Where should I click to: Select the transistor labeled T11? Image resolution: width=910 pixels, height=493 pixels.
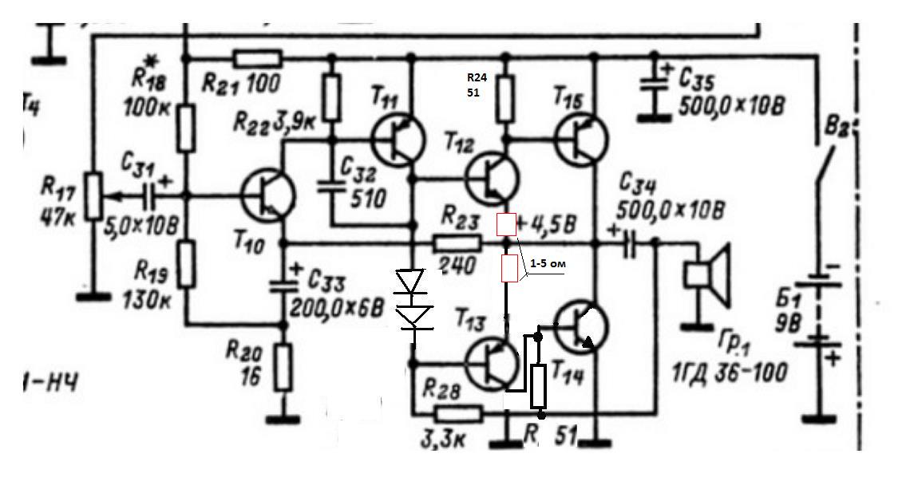pos(399,140)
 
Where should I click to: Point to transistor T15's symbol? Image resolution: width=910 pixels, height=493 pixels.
pos(581,140)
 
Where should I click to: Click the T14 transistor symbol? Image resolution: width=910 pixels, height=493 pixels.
pos(581,326)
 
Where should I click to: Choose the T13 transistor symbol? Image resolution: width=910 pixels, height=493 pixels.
pos(491,364)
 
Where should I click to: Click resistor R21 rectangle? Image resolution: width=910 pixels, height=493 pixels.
pos(258,58)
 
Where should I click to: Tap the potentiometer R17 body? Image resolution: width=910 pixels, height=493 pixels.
pos(93,196)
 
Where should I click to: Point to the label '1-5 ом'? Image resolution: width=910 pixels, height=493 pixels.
pos(548,263)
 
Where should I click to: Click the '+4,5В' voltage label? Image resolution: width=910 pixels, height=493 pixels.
pos(545,223)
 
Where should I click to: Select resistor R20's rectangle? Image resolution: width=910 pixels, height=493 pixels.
pos(283,367)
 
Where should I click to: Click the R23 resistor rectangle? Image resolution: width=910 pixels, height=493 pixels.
pos(457,243)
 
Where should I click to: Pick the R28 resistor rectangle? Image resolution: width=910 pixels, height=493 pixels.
pos(458,414)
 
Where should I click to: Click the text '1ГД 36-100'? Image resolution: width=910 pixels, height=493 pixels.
pos(730,371)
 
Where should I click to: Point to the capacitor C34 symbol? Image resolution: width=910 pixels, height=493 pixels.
pos(629,243)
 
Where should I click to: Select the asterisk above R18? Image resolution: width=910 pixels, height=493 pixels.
pos(152,61)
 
